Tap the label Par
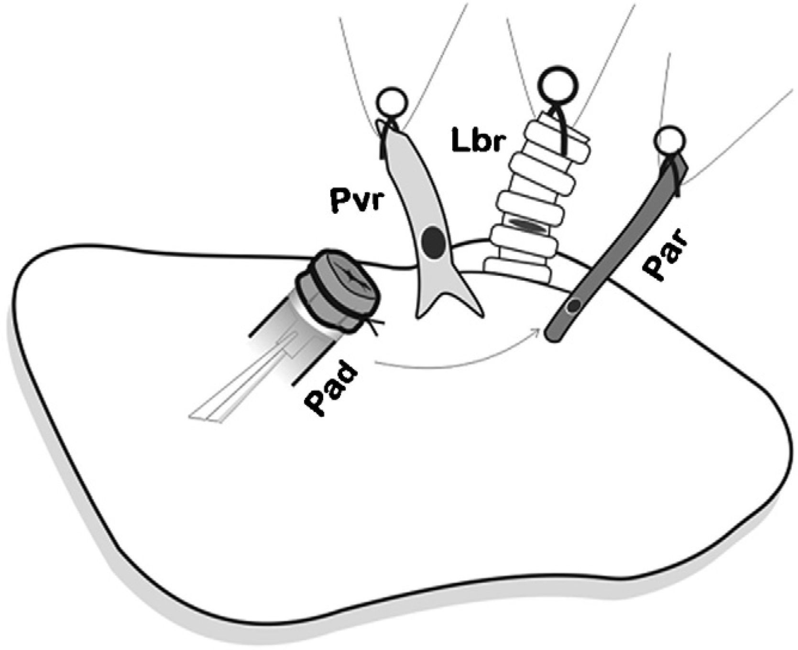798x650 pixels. pos(660,256)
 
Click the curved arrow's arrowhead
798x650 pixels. pos(540,330)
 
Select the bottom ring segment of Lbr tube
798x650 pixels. pos(519,271)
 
